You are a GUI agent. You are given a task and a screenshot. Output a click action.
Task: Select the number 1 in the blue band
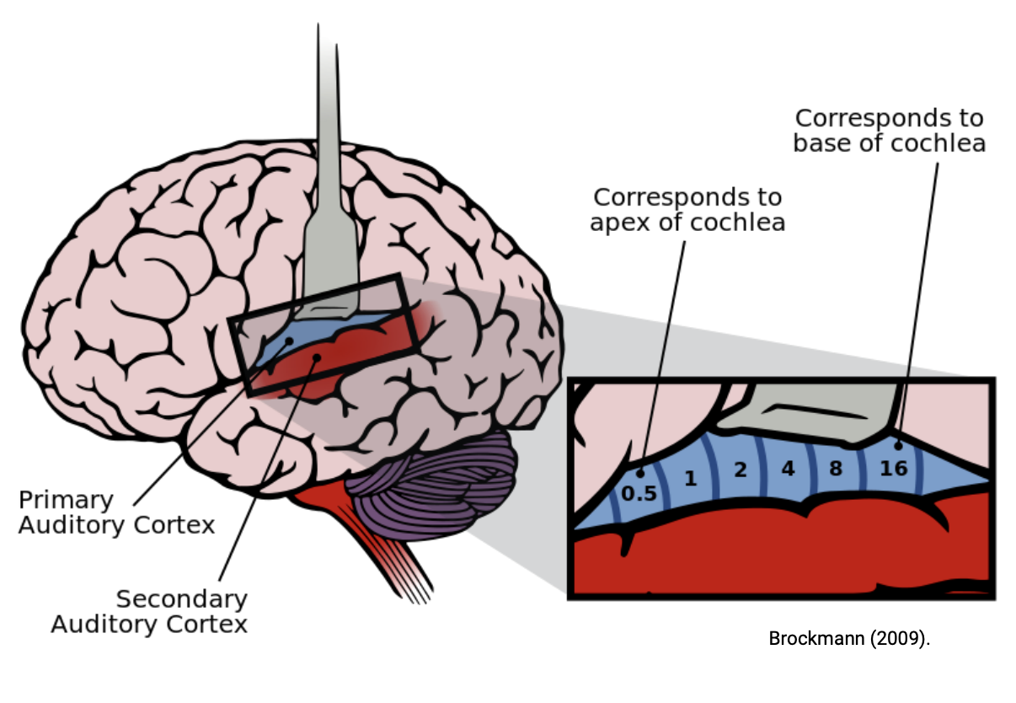click(x=691, y=479)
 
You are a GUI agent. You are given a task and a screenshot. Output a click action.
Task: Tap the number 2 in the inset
click(x=741, y=470)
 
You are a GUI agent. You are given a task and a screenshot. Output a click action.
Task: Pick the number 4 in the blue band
click(x=788, y=468)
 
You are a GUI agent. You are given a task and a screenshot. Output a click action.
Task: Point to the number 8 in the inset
click(x=836, y=468)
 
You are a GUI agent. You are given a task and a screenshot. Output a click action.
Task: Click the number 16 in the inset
click(x=893, y=468)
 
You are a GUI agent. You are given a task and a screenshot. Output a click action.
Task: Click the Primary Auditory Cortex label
click(x=116, y=512)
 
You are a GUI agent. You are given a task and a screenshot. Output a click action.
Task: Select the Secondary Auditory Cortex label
click(x=149, y=612)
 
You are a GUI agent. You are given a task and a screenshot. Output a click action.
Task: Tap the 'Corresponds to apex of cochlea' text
click(x=687, y=209)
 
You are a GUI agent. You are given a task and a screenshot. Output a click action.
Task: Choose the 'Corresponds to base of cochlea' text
click(x=889, y=130)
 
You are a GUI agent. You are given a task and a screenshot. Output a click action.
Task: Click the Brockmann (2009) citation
click(x=849, y=638)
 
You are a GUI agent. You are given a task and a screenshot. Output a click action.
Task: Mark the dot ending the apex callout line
click(x=640, y=474)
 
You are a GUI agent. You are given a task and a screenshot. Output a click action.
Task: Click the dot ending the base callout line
click(x=898, y=446)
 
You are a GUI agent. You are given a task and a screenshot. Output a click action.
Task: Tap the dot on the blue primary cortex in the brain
click(x=288, y=341)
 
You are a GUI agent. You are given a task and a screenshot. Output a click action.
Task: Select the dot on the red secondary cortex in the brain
click(x=316, y=357)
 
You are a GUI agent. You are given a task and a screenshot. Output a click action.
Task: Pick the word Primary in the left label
click(x=66, y=500)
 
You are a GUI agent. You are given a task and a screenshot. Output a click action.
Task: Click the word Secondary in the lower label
click(x=182, y=599)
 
